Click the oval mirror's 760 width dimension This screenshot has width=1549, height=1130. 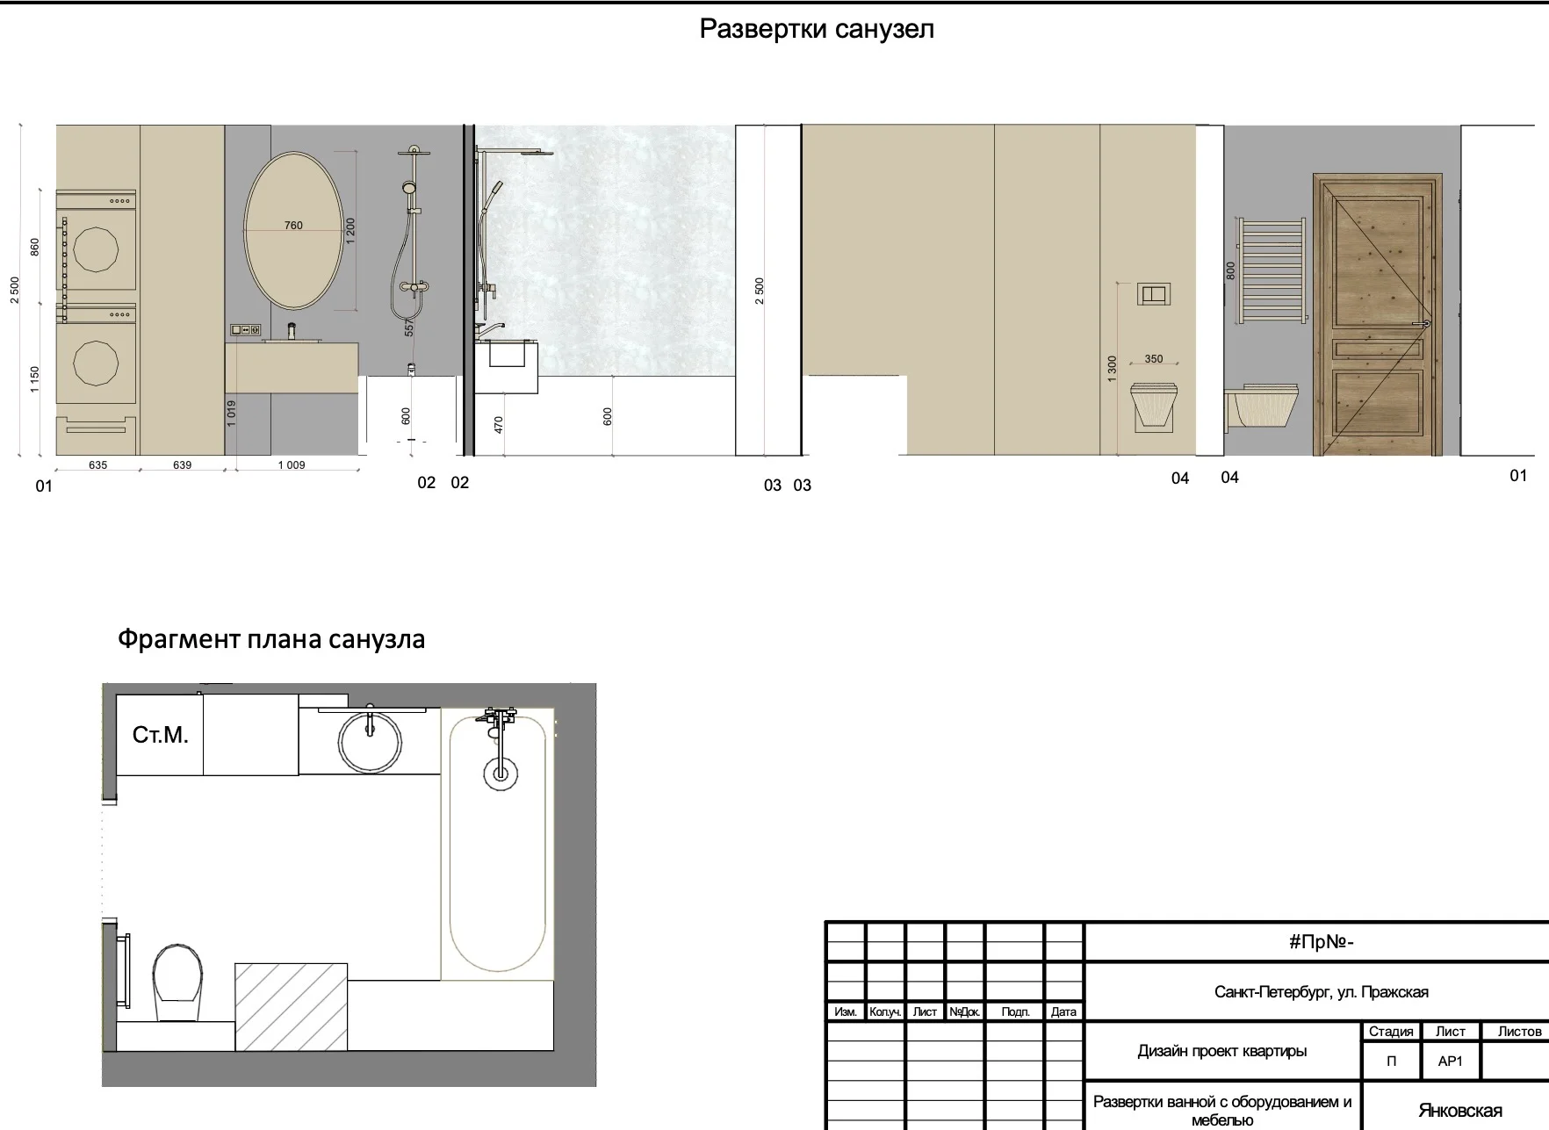[x=293, y=226]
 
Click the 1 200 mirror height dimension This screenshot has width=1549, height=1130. [x=350, y=231]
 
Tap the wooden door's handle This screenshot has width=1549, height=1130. [x=1422, y=325]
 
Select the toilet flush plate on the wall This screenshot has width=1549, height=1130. [x=1154, y=294]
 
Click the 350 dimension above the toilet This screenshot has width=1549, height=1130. [x=1154, y=358]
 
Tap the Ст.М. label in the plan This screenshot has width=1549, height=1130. [x=161, y=735]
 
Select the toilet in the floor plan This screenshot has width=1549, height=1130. [x=178, y=982]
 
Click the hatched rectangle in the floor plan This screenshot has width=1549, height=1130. [x=291, y=1006]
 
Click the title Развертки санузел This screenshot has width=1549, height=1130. [x=817, y=29]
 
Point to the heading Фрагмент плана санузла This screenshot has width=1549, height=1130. [x=271, y=638]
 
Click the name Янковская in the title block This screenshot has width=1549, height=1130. [x=1459, y=1111]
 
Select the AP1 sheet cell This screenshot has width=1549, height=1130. [x=1451, y=1061]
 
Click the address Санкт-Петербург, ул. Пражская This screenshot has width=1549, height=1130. [x=1321, y=992]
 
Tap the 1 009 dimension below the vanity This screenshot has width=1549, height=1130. [x=292, y=464]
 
